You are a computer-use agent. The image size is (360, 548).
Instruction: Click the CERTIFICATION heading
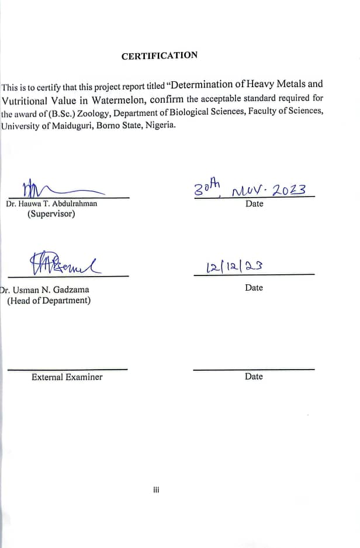click(x=160, y=56)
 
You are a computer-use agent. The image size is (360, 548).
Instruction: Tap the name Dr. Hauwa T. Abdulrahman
click(x=51, y=204)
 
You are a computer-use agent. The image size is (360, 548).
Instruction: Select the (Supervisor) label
click(x=51, y=214)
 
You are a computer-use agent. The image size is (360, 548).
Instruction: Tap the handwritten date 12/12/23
click(x=234, y=267)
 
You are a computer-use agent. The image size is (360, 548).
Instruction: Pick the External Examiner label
click(x=67, y=377)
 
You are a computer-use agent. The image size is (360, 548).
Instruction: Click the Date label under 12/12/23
click(x=254, y=288)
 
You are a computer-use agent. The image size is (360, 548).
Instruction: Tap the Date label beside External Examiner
click(x=254, y=377)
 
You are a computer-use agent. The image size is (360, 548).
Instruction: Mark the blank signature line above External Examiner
click(x=67, y=369)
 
